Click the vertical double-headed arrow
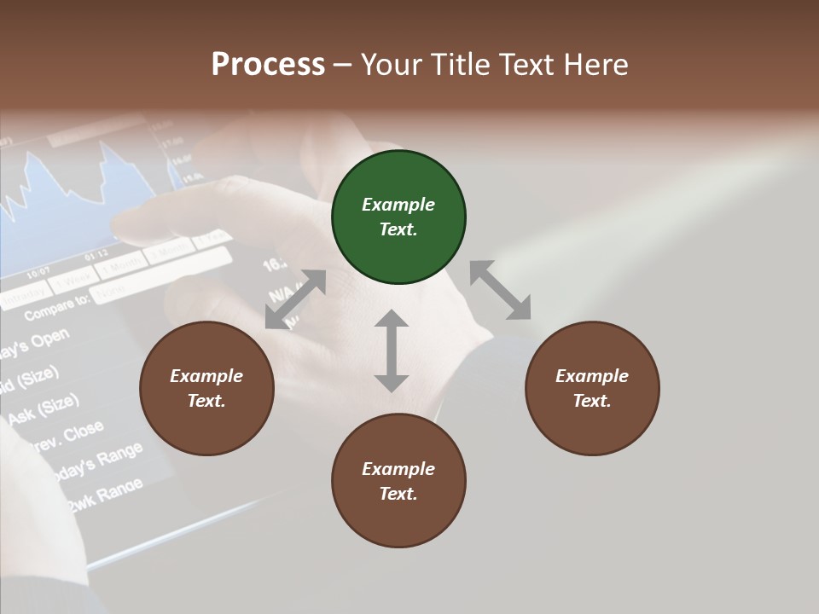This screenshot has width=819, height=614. (x=392, y=350)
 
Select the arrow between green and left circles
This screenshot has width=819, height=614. (x=295, y=299)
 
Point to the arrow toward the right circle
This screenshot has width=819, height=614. (x=500, y=291)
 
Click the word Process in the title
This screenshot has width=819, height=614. (x=268, y=64)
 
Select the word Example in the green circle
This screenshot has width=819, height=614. (x=398, y=205)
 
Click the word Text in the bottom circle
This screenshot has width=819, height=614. (x=398, y=494)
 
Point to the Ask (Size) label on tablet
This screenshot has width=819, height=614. (x=43, y=408)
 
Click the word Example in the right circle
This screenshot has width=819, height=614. (x=591, y=376)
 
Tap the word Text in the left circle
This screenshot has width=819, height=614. (x=206, y=401)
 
